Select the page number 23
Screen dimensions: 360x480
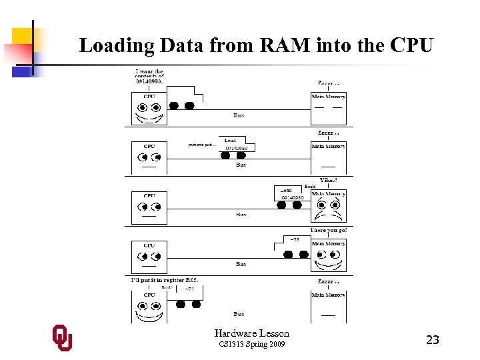point(432,340)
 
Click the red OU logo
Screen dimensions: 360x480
point(63,338)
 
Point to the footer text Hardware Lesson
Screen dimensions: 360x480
point(251,333)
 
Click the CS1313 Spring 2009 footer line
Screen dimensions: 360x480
point(251,344)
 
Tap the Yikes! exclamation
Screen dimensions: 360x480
point(329,180)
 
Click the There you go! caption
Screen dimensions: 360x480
point(329,230)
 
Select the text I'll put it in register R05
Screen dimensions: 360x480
point(164,280)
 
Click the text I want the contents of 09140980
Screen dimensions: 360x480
point(149,76)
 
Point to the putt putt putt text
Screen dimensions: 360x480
point(202,144)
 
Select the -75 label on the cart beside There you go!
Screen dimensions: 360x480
point(295,239)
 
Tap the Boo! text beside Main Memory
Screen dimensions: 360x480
point(309,187)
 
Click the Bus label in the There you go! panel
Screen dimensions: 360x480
point(241,264)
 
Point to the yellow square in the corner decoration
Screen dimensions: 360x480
point(22,39)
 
